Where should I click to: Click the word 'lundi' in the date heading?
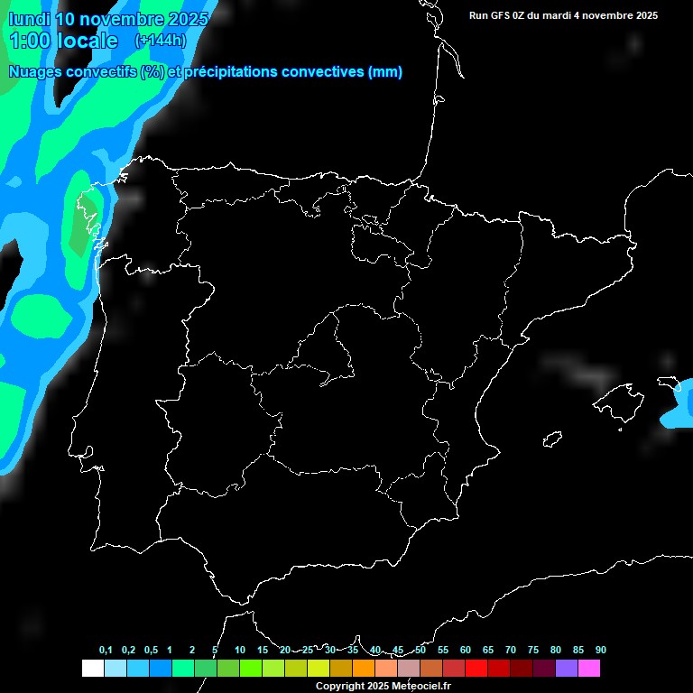[x=29, y=19]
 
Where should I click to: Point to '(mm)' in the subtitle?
[x=385, y=72]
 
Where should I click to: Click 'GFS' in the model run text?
[x=504, y=15]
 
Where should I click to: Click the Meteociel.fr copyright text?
[x=383, y=687]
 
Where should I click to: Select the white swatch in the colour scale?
[x=92, y=668]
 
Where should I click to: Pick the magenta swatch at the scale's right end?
[x=589, y=668]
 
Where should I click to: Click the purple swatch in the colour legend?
[x=567, y=668]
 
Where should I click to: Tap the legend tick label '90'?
[x=601, y=651]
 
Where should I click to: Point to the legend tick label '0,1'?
[x=106, y=651]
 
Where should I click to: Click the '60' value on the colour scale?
[x=466, y=651]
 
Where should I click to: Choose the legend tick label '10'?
[x=240, y=651]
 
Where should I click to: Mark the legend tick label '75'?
[x=533, y=651]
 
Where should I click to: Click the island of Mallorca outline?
[x=621, y=401]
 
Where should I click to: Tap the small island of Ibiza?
[x=550, y=439]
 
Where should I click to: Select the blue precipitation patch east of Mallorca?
[x=679, y=405]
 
